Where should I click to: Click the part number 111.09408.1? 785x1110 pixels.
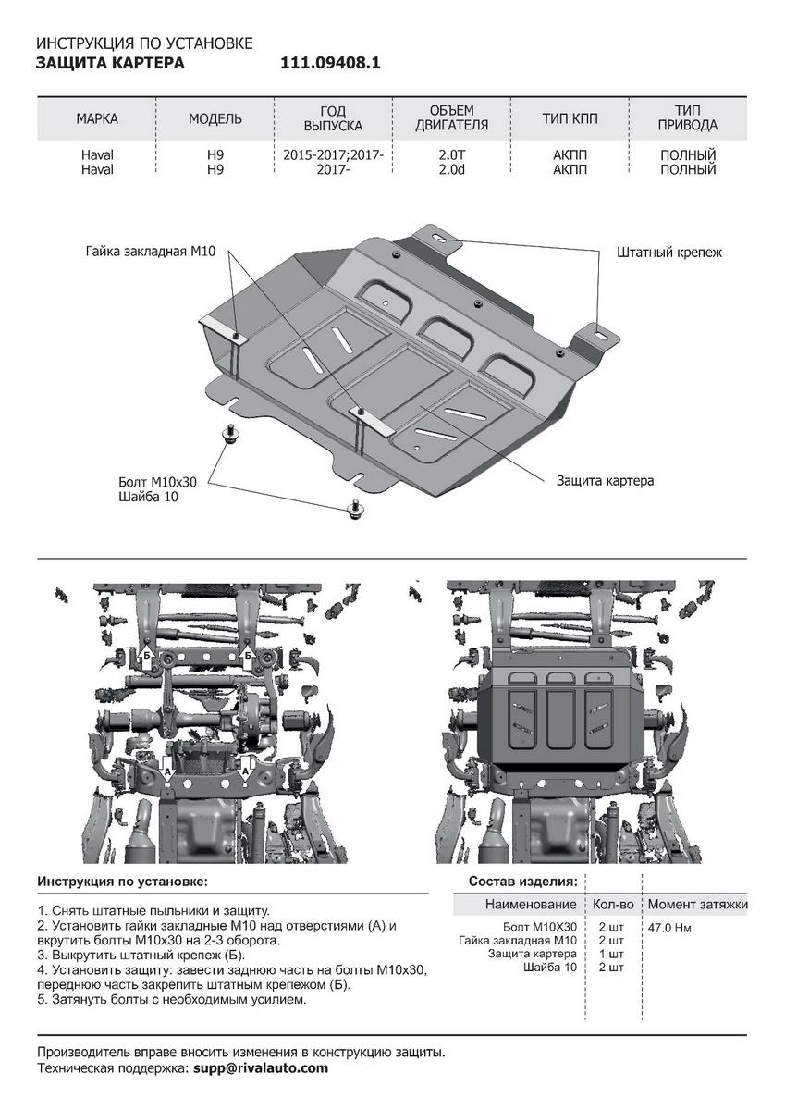click(330, 64)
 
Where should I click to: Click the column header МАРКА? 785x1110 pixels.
click(97, 119)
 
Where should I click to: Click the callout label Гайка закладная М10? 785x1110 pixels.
click(151, 252)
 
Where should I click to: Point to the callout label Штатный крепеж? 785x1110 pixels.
click(668, 252)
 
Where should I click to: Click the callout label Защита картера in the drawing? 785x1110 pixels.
click(605, 481)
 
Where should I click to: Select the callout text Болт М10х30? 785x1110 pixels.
click(158, 483)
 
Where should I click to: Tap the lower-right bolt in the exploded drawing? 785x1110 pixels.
click(352, 507)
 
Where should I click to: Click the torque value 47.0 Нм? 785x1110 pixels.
click(670, 927)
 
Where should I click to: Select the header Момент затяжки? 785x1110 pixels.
click(697, 904)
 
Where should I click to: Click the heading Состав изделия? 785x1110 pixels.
click(523, 881)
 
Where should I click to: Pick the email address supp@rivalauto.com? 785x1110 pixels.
click(260, 1067)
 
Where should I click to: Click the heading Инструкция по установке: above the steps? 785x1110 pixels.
click(123, 881)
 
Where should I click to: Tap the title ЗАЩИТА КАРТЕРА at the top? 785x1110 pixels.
click(109, 64)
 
